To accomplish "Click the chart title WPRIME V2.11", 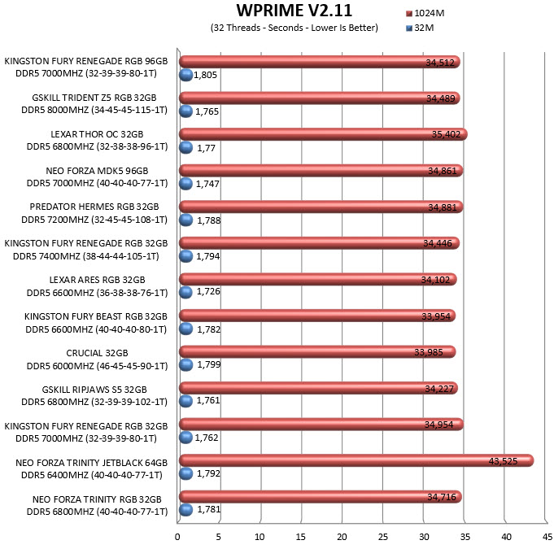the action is point(294,11).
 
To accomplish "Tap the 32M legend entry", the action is point(420,28).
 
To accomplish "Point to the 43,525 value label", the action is point(503,461).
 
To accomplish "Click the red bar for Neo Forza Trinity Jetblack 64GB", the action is point(356,460).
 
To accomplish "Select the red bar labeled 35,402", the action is point(323,134).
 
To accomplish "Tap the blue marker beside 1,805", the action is point(185,75).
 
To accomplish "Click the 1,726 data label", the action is point(208,291).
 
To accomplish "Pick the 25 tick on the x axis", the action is point(383,537).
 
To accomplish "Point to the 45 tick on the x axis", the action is point(547,537).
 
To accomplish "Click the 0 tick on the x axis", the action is point(177,537).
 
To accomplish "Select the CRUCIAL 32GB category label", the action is point(97,353).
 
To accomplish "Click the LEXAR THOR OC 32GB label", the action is point(97,134).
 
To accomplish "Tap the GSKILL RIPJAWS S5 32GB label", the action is point(94,390).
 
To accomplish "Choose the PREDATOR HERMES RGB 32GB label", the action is point(94,207).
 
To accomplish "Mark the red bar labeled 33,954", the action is point(317,316).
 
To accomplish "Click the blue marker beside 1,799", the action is point(185,365).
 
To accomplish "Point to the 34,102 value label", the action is point(435,280).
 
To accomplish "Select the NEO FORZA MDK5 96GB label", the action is point(97,171).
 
